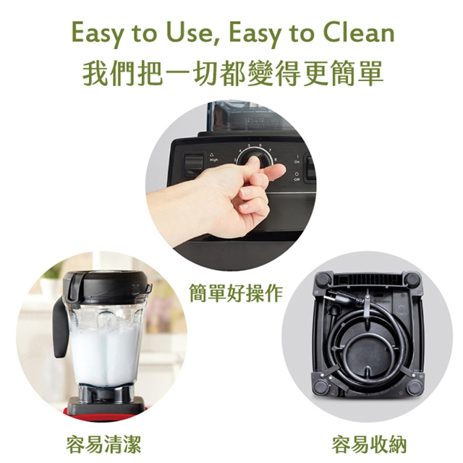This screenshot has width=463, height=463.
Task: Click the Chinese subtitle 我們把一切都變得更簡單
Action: [x=231, y=74]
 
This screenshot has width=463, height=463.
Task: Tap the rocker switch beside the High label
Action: [x=192, y=165]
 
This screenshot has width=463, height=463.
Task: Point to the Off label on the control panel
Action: [x=297, y=179]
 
